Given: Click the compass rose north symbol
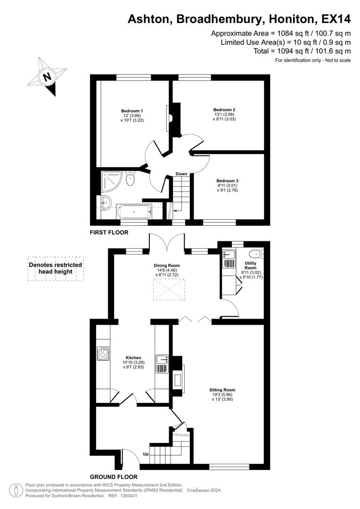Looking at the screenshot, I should pyautogui.click(x=47, y=77).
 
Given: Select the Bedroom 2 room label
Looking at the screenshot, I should pyautogui.click(x=224, y=110).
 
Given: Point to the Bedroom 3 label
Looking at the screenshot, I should pyautogui.click(x=227, y=181).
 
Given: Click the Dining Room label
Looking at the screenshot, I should pyautogui.click(x=167, y=265).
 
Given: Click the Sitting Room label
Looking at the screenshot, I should pyautogui.click(x=222, y=390).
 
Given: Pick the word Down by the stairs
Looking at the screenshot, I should pyautogui.click(x=181, y=174).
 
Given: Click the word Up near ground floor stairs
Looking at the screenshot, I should pyautogui.click(x=147, y=454).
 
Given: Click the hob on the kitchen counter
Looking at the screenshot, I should pyautogui.click(x=103, y=353).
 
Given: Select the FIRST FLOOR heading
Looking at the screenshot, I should pyautogui.click(x=109, y=232).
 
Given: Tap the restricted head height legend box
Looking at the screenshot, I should pyautogui.click(x=56, y=269).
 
